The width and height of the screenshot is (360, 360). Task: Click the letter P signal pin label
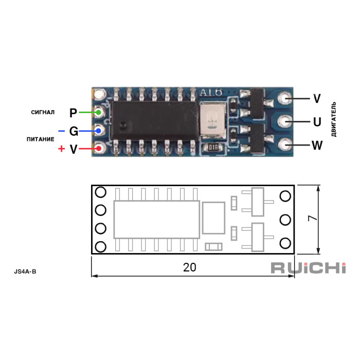tap(73, 113)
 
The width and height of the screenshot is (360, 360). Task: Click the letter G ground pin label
tap(74, 131)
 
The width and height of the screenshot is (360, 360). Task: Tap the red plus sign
tap(62, 149)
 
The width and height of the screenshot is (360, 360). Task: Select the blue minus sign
tap(62, 131)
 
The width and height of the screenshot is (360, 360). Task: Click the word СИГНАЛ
tap(43, 112)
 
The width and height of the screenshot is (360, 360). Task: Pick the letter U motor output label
tap(317, 122)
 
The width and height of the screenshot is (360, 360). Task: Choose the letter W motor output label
tap(317, 146)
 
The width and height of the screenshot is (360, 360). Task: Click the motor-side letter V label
tap(317, 98)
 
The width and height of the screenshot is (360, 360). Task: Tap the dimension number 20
tap(190, 267)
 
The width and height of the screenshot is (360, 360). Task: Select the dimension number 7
tap(312, 219)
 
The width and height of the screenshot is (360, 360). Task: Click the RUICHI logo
tap(308, 268)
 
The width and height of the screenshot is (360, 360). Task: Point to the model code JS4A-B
tap(25, 270)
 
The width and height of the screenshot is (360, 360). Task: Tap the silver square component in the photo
tap(212, 120)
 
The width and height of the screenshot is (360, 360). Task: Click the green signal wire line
tap(88, 112)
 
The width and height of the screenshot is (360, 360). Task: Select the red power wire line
tap(88, 149)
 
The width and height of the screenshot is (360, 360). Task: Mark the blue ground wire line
tap(88, 131)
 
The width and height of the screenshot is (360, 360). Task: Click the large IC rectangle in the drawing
tap(156, 219)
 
